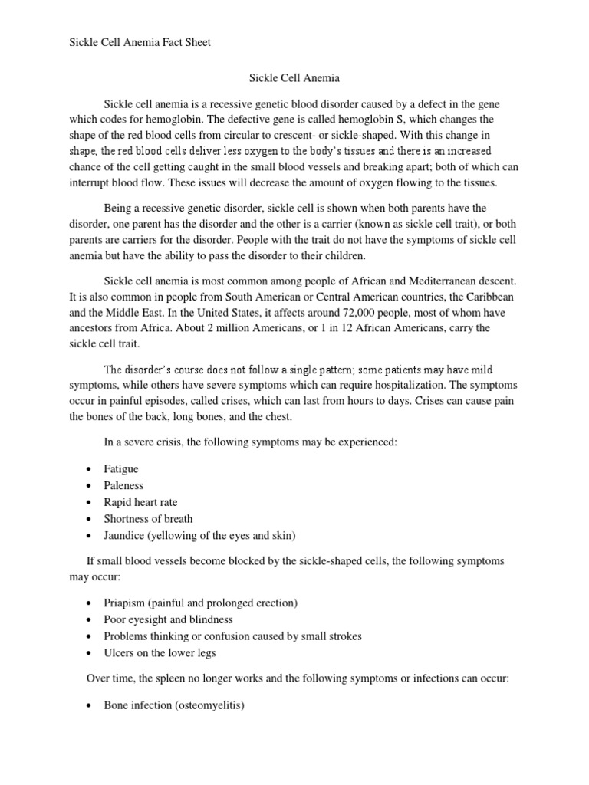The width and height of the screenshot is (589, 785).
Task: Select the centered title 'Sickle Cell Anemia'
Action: [295, 78]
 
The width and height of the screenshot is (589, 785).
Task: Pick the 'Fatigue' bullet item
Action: [121, 468]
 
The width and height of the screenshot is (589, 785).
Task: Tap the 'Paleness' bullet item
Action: [123, 485]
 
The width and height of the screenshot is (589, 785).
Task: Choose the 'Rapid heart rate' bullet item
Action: [140, 502]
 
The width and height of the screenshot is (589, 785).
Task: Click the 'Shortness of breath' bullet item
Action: [148, 519]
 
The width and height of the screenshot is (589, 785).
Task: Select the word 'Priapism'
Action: [125, 603]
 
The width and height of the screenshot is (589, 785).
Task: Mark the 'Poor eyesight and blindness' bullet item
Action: [168, 619]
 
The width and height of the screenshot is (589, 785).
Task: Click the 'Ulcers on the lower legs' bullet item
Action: [160, 653]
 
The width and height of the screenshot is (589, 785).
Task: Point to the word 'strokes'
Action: [343, 636]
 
